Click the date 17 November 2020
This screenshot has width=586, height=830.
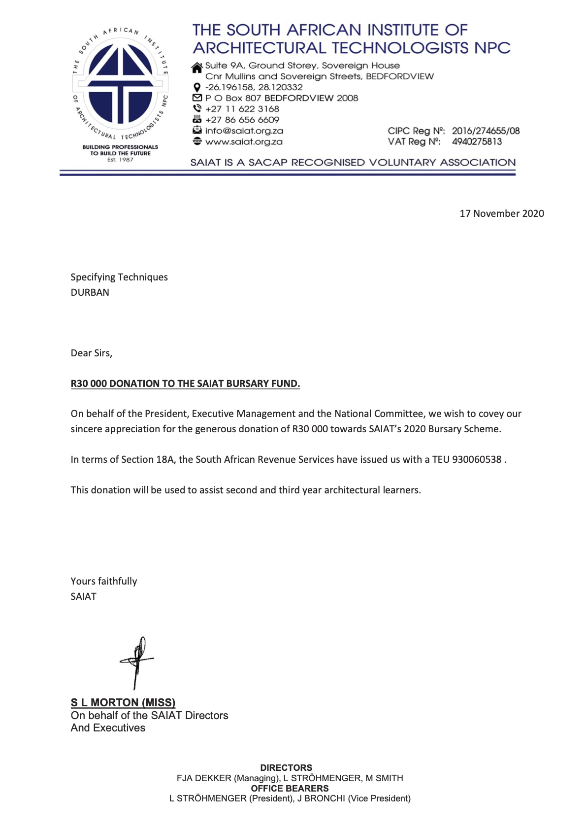[501, 213]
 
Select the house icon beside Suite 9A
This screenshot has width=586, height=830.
[197, 67]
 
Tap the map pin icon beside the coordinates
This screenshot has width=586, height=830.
[197, 88]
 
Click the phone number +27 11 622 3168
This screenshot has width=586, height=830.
[242, 109]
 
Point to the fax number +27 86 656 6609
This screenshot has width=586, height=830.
[242, 120]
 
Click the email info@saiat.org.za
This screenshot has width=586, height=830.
[244, 131]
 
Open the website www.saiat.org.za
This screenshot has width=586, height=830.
[244, 141]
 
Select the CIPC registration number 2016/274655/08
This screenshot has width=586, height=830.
[486, 131]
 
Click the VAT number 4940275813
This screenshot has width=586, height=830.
[477, 141]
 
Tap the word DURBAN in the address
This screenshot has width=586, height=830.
[90, 292]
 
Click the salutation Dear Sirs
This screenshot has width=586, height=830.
[92, 353]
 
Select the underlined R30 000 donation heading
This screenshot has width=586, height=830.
[185, 383]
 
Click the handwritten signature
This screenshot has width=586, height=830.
[137, 661]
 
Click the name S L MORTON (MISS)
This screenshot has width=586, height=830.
[123, 702]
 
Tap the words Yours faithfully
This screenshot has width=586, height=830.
[104, 581]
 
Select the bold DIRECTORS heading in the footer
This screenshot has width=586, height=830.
[286, 767]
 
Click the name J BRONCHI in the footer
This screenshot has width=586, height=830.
[321, 798]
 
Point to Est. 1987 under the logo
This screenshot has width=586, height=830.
[120, 160]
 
